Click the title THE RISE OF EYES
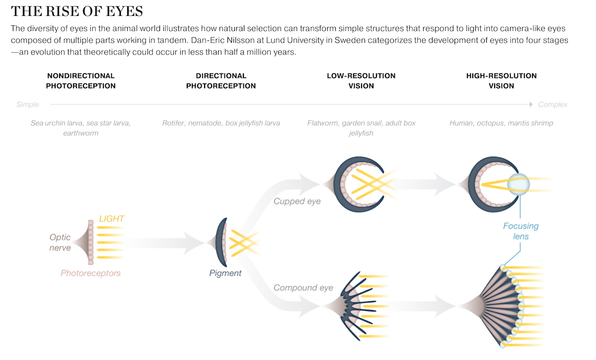77,11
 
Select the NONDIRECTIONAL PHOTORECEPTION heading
80,81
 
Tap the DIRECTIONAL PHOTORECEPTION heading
221,81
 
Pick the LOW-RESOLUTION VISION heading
361,81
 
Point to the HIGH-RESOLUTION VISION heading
501,81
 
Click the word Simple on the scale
28,105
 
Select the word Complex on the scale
553,105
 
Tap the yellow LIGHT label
111,218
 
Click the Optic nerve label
60,242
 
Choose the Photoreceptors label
90,273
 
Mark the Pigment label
225,273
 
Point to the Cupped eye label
297,202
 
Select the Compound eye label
303,288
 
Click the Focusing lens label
521,231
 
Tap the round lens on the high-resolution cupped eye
519,184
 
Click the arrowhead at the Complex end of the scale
531,105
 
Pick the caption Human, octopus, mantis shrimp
501,123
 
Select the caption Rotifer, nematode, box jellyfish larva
221,123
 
